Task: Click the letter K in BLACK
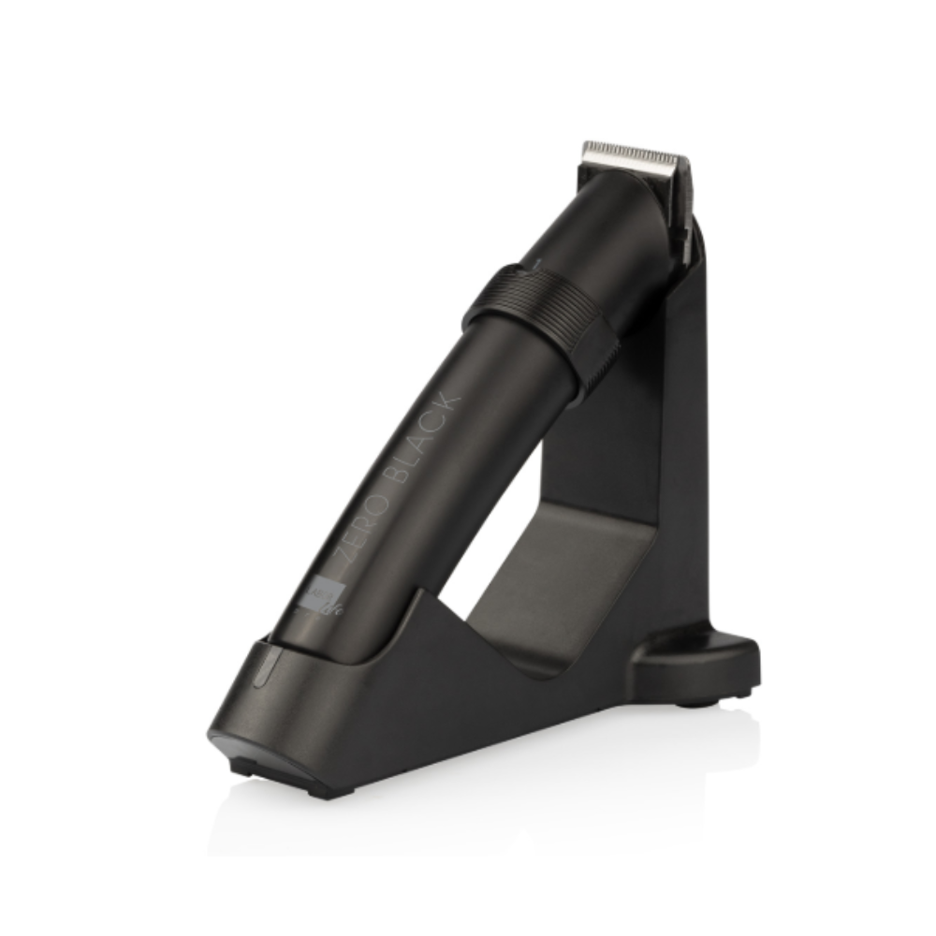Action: (449, 400)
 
